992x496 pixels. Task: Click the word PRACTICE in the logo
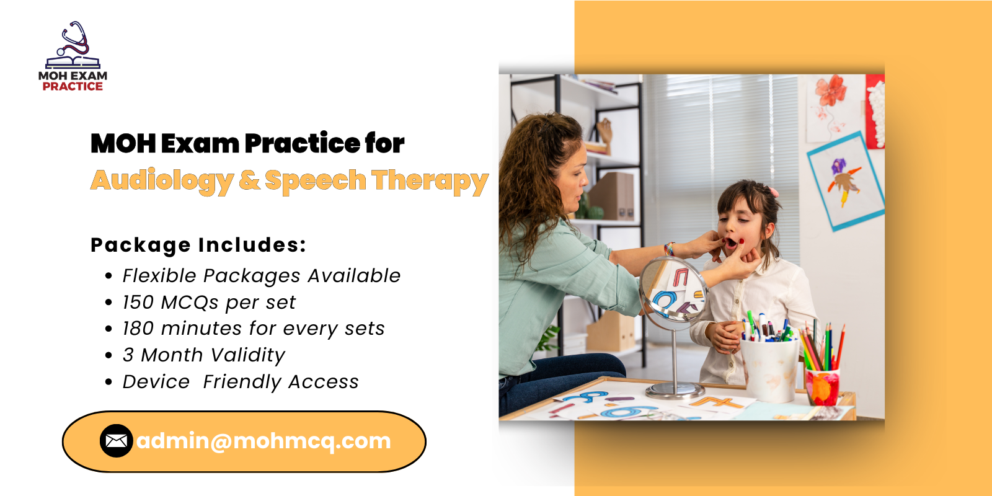[x=73, y=87]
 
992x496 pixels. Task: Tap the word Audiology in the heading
[x=162, y=180]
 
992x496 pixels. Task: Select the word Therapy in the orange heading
[x=430, y=180]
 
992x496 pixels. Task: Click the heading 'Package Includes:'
[x=198, y=245]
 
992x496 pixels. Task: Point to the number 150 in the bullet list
[x=138, y=303]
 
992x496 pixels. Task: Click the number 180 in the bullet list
[x=138, y=329]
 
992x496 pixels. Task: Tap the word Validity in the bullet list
[x=247, y=355]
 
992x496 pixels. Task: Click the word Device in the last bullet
[x=156, y=382]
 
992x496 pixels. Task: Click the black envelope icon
[x=116, y=441]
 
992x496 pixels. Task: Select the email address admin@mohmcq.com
[x=263, y=441]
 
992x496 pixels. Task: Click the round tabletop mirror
[x=673, y=290]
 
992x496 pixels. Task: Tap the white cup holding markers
[x=769, y=369]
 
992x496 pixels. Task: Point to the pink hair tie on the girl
[x=773, y=192]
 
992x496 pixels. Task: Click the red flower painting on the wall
[x=831, y=93]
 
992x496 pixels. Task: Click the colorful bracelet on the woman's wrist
[x=669, y=249]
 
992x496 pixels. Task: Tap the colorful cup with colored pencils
[x=822, y=386]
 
